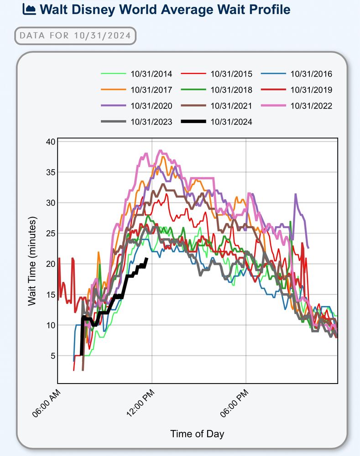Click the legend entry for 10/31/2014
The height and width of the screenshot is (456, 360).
pos(151,74)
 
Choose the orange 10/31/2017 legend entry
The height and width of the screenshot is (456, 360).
pos(151,90)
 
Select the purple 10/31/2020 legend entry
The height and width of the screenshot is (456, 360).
pos(151,106)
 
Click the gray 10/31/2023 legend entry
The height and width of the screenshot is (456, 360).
pos(151,122)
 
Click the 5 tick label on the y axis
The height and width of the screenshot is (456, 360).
pos(52,356)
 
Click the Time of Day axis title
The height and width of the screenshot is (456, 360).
pos(197,434)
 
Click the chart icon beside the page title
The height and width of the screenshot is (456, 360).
pos(28,9)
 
